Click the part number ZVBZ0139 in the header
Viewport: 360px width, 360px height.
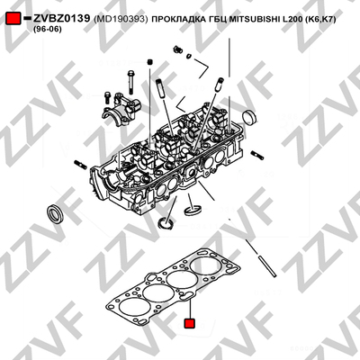pyautogui.click(x=61, y=19)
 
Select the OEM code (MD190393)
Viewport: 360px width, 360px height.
pyautogui.click(x=121, y=19)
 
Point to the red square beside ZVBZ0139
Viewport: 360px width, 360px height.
pyautogui.click(x=13, y=18)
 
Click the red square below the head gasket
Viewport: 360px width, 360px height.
pyautogui.click(x=189, y=323)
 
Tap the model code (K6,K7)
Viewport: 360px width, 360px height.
pyautogui.click(x=320, y=20)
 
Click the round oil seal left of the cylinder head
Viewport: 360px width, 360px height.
pyautogui.click(x=55, y=213)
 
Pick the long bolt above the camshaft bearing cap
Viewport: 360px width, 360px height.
pyautogui.click(x=130, y=82)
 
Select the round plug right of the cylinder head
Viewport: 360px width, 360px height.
pyautogui.click(x=249, y=117)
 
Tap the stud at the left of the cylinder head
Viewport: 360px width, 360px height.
pyautogui.click(x=80, y=164)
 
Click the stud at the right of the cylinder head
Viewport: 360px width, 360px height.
pyautogui.click(x=257, y=155)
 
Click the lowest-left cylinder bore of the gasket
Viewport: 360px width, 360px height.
pyautogui.click(x=134, y=309)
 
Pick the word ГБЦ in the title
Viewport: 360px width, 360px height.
pyautogui.click(x=218, y=20)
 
